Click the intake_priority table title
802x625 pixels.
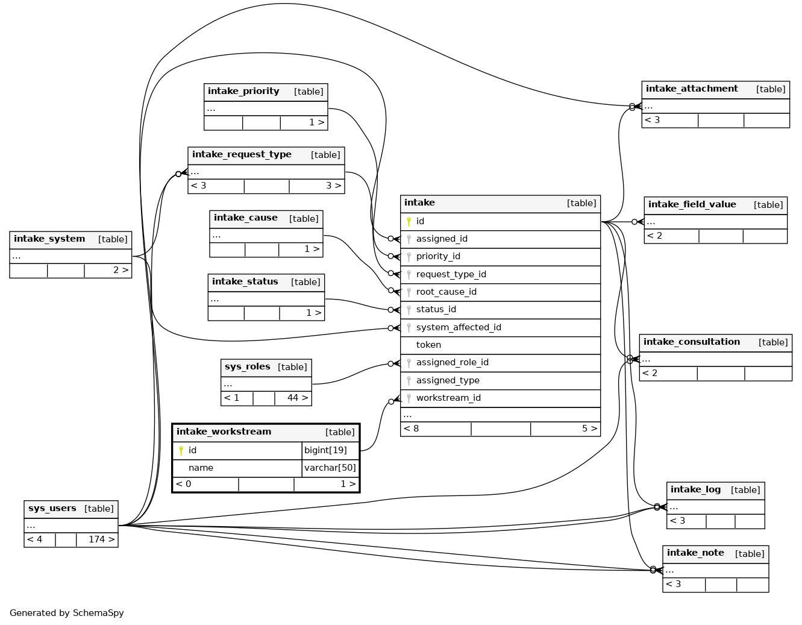pos(243,92)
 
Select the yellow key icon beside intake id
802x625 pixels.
pos(409,221)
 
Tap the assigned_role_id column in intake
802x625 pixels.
pos(452,362)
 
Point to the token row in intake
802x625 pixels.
pos(428,345)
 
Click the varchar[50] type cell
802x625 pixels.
pos(330,468)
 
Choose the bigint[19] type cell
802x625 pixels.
pos(325,450)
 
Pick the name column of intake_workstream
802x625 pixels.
pos(201,468)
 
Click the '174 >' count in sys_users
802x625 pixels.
pos(101,539)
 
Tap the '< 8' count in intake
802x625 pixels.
pos(412,429)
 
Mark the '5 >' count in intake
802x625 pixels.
pos(589,429)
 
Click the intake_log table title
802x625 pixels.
pos(695,489)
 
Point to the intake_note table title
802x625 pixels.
pos(695,553)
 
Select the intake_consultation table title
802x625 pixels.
pos(691,342)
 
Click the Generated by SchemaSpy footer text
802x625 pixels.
pos(67,613)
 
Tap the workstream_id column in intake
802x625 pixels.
pos(448,398)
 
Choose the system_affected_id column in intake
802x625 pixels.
pos(459,327)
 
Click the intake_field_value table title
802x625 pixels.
pos(692,204)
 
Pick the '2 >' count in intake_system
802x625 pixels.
pos(121,270)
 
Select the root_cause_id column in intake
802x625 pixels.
pos(446,292)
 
